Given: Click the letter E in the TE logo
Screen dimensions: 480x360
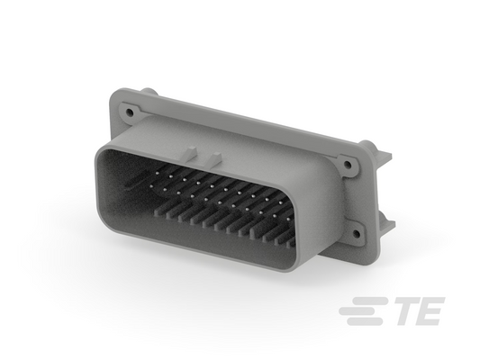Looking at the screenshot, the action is [430, 311].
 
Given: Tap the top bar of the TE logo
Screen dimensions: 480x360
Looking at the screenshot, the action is [367, 301].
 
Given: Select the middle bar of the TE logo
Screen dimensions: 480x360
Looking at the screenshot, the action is [360, 311].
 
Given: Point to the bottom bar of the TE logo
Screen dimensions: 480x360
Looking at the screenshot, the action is [365, 321].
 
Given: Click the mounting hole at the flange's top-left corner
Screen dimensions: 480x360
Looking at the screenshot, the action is [131, 112].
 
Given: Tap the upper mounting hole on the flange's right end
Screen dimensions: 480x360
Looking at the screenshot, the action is [347, 165].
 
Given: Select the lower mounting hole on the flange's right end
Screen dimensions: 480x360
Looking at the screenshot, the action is [356, 234].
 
